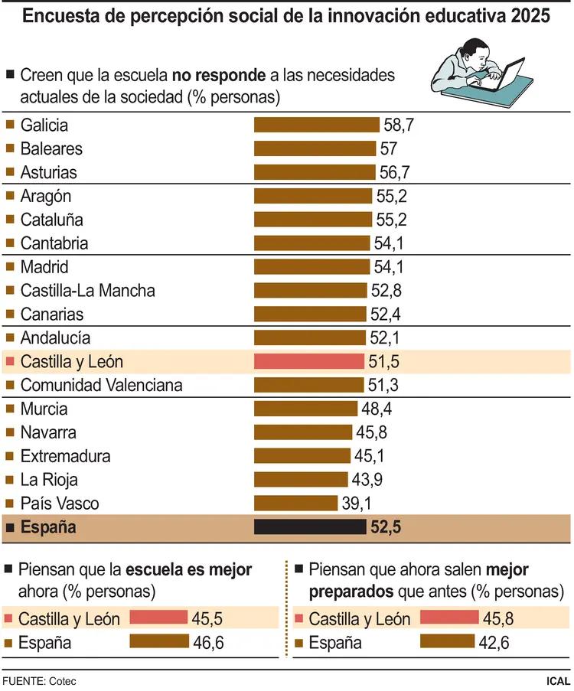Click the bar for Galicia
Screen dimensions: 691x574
point(316,125)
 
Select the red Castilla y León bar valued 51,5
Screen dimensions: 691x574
point(308,361)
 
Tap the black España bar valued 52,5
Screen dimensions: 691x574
point(310,527)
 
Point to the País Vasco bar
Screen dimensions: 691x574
point(295,504)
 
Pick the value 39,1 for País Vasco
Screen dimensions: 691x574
point(356,504)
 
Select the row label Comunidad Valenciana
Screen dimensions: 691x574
point(101,385)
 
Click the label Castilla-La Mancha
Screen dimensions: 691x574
point(88,291)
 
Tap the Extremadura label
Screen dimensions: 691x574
point(66,456)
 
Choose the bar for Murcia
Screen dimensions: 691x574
point(306,409)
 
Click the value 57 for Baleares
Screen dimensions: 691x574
point(389,148)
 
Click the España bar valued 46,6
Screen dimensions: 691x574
point(159,642)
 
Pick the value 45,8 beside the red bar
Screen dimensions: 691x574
point(499,618)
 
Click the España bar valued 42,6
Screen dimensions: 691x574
point(448,642)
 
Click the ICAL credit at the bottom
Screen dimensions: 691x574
point(558,680)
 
